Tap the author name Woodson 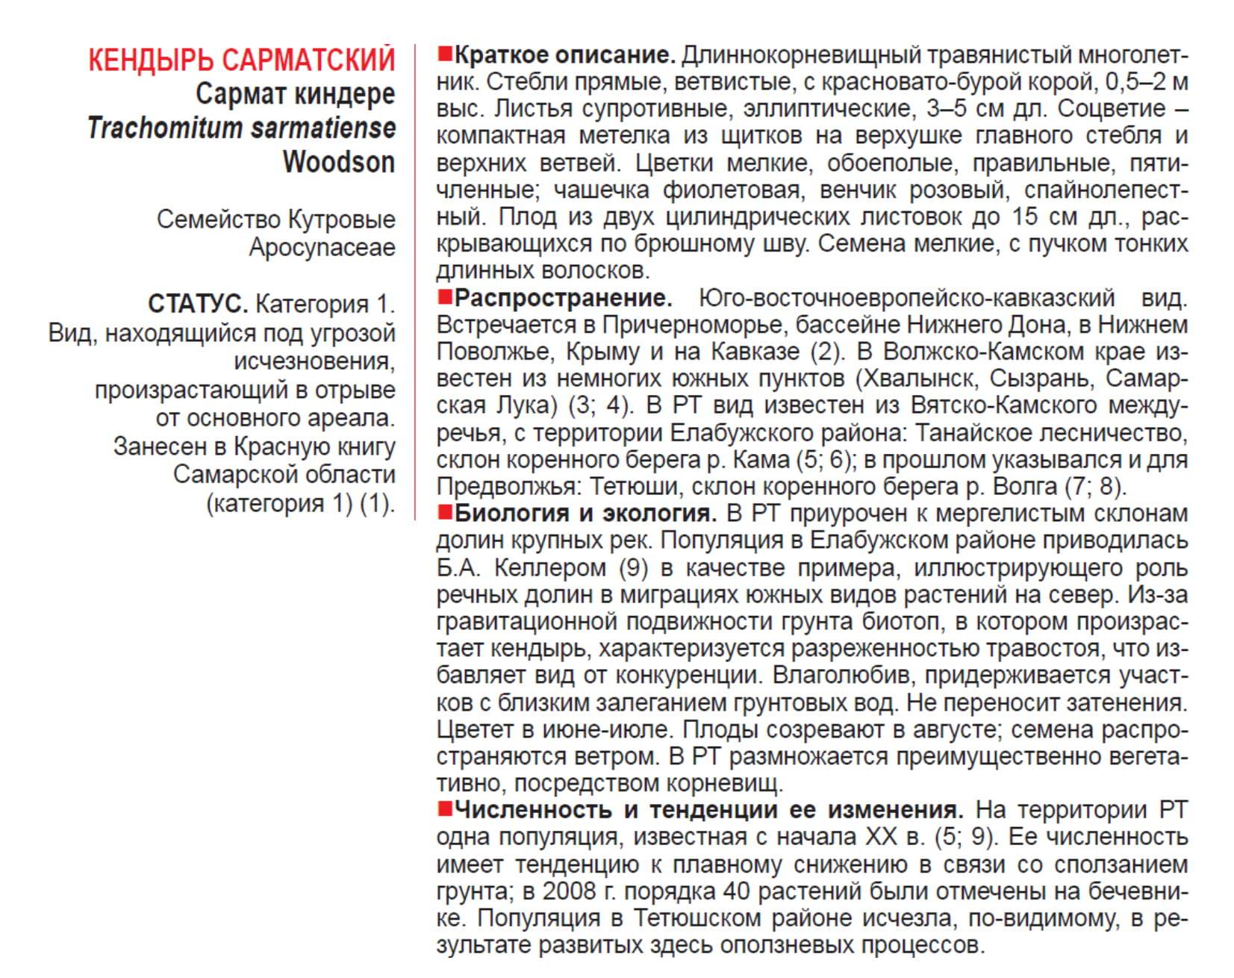coord(339,162)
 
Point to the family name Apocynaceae coord(322,248)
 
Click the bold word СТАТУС coord(197,305)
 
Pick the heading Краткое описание coord(564,55)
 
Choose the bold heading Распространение coord(563,298)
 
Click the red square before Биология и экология coord(445,512)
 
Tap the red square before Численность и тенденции coord(445,809)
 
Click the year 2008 coord(569,891)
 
